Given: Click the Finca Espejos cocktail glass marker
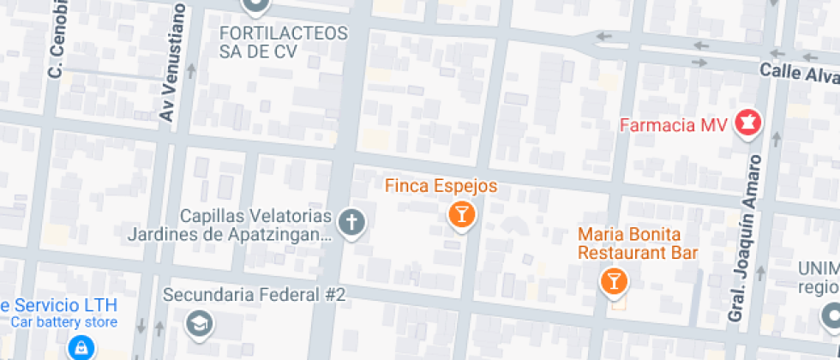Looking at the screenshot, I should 461,213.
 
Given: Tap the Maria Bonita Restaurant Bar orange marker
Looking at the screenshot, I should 614,279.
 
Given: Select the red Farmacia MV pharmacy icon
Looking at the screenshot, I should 747,123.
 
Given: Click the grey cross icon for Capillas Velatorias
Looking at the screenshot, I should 351,223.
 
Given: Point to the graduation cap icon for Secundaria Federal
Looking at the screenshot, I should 200,323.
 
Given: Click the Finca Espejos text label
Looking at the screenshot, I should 441,185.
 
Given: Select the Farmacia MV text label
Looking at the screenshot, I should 673,125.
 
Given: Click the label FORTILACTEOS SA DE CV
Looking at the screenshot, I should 284,42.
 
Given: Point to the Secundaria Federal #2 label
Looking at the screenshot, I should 254,295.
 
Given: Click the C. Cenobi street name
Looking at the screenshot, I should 57,43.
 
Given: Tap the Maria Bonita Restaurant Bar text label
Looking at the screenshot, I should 637,243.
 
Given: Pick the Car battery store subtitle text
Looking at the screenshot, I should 63,322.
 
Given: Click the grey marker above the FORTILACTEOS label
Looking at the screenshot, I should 255,5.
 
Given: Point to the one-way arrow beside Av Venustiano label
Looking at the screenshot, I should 191,71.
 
